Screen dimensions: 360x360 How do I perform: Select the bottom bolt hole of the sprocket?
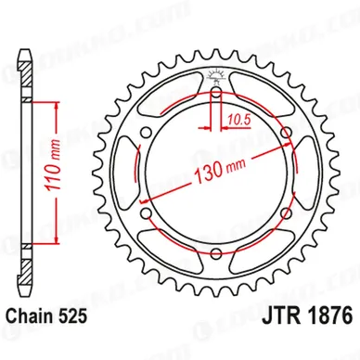click(216, 253)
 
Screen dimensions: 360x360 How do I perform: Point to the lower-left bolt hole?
click(148, 213)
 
